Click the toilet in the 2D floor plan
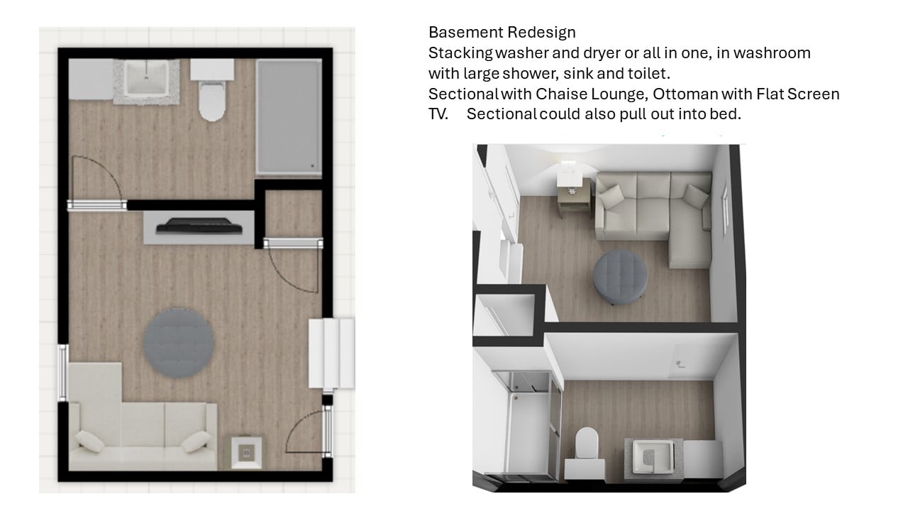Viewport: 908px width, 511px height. (211, 90)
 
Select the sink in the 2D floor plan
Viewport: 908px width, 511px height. (146, 77)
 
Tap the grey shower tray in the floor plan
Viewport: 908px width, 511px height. (289, 117)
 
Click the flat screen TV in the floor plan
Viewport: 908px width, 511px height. (199, 226)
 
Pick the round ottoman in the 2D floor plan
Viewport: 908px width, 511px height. (178, 343)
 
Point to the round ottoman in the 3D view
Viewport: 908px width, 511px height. (620, 277)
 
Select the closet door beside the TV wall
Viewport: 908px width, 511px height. (294, 265)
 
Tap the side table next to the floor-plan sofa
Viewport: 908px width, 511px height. (246, 452)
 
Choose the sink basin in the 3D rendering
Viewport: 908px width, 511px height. (653, 456)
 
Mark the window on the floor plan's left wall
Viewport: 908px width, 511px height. (62, 373)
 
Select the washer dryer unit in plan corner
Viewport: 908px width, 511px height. (91, 79)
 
